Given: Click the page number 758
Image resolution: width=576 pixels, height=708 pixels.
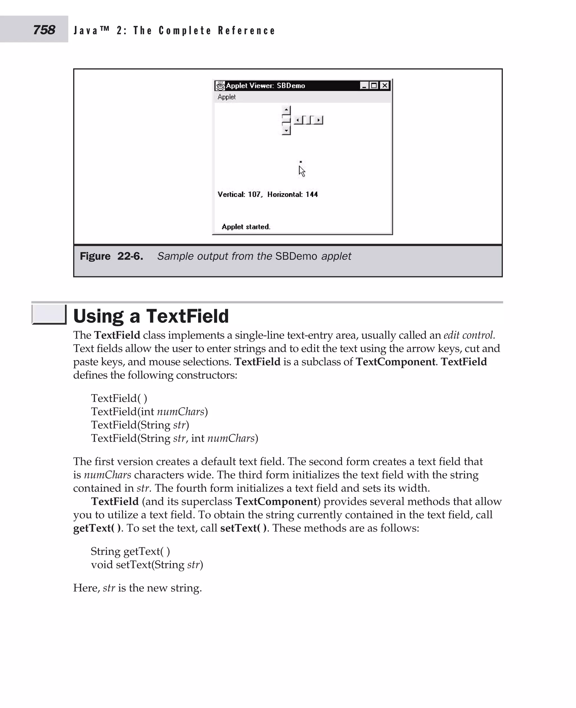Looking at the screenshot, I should click(x=44, y=30).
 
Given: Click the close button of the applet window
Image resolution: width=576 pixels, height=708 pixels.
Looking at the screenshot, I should click(x=384, y=85).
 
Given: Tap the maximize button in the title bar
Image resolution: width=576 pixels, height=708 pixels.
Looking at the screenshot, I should click(x=374, y=85).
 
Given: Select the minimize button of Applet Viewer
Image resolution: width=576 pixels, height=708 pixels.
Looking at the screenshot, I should click(x=364, y=85).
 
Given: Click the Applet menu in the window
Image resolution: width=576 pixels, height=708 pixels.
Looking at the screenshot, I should click(x=227, y=97).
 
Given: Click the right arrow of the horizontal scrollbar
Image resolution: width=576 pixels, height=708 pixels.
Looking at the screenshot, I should click(x=319, y=120).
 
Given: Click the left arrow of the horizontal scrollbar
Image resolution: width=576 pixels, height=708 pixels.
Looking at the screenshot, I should click(x=298, y=120).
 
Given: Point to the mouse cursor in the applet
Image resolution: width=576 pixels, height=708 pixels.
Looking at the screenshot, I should click(x=301, y=171).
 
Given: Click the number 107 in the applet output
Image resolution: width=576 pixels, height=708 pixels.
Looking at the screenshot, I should click(x=255, y=194).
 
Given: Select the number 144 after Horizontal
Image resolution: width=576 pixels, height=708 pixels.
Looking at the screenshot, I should click(x=312, y=194).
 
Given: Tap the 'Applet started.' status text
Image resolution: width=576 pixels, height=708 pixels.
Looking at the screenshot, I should click(x=246, y=227).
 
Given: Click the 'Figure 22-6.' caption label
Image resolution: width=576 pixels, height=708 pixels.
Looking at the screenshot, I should click(x=111, y=256).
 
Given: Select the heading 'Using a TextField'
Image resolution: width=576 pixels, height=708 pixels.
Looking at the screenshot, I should click(x=151, y=316).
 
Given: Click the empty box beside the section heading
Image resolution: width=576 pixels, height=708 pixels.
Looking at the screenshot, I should click(x=49, y=314).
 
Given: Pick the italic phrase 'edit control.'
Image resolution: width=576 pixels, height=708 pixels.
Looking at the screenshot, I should click(x=469, y=335).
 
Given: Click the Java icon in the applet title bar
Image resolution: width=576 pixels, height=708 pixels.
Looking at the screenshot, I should click(x=220, y=85).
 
